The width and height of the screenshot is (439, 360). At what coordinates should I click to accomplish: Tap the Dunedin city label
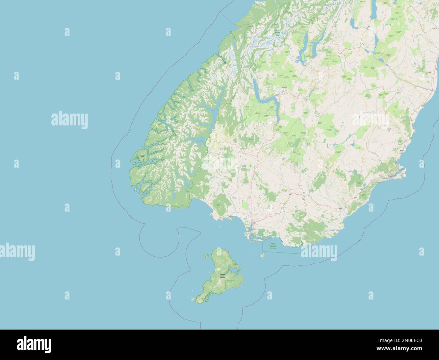[391, 176]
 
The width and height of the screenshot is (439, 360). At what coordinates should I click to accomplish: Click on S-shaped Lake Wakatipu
[267, 101]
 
